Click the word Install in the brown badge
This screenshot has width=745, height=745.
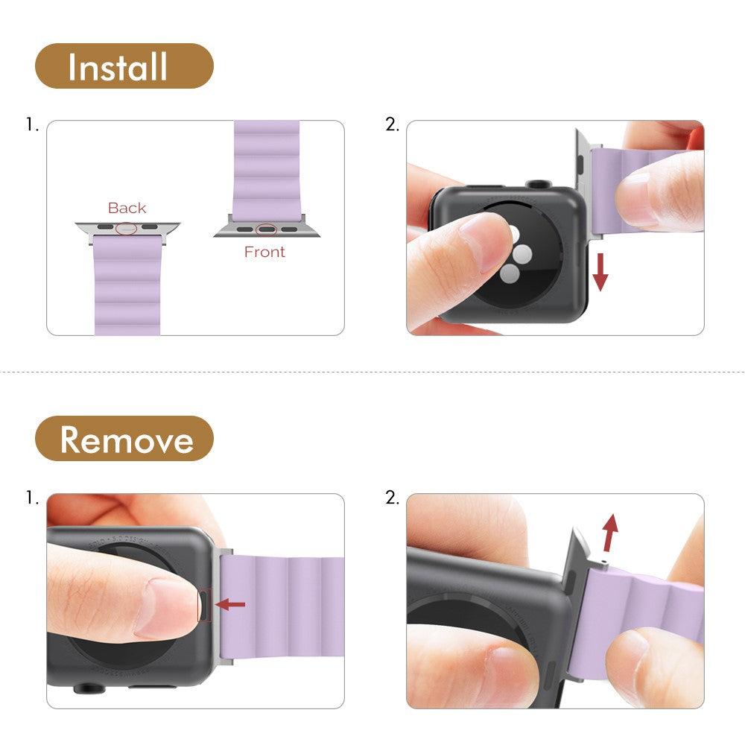[x=118, y=66]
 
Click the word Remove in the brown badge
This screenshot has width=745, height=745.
[x=127, y=440]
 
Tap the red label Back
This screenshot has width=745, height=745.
[x=127, y=208]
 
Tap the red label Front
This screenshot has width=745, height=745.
[x=264, y=252]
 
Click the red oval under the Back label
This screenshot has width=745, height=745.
[x=127, y=228]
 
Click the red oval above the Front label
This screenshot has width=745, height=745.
[x=266, y=230]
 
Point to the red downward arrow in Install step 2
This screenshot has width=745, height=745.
[x=600, y=272]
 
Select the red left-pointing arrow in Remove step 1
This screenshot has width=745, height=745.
[x=230, y=604]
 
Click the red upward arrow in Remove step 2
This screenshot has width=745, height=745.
[x=609, y=533]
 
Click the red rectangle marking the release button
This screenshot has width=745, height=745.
[x=204, y=605]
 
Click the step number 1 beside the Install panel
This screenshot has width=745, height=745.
[x=32, y=125]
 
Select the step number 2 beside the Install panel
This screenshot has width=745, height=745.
[x=392, y=125]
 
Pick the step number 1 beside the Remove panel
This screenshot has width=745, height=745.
[x=32, y=498]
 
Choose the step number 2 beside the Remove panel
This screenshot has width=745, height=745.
[x=392, y=498]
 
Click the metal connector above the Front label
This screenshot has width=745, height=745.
[x=267, y=228]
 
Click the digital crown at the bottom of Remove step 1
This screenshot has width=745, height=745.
[x=89, y=688]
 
